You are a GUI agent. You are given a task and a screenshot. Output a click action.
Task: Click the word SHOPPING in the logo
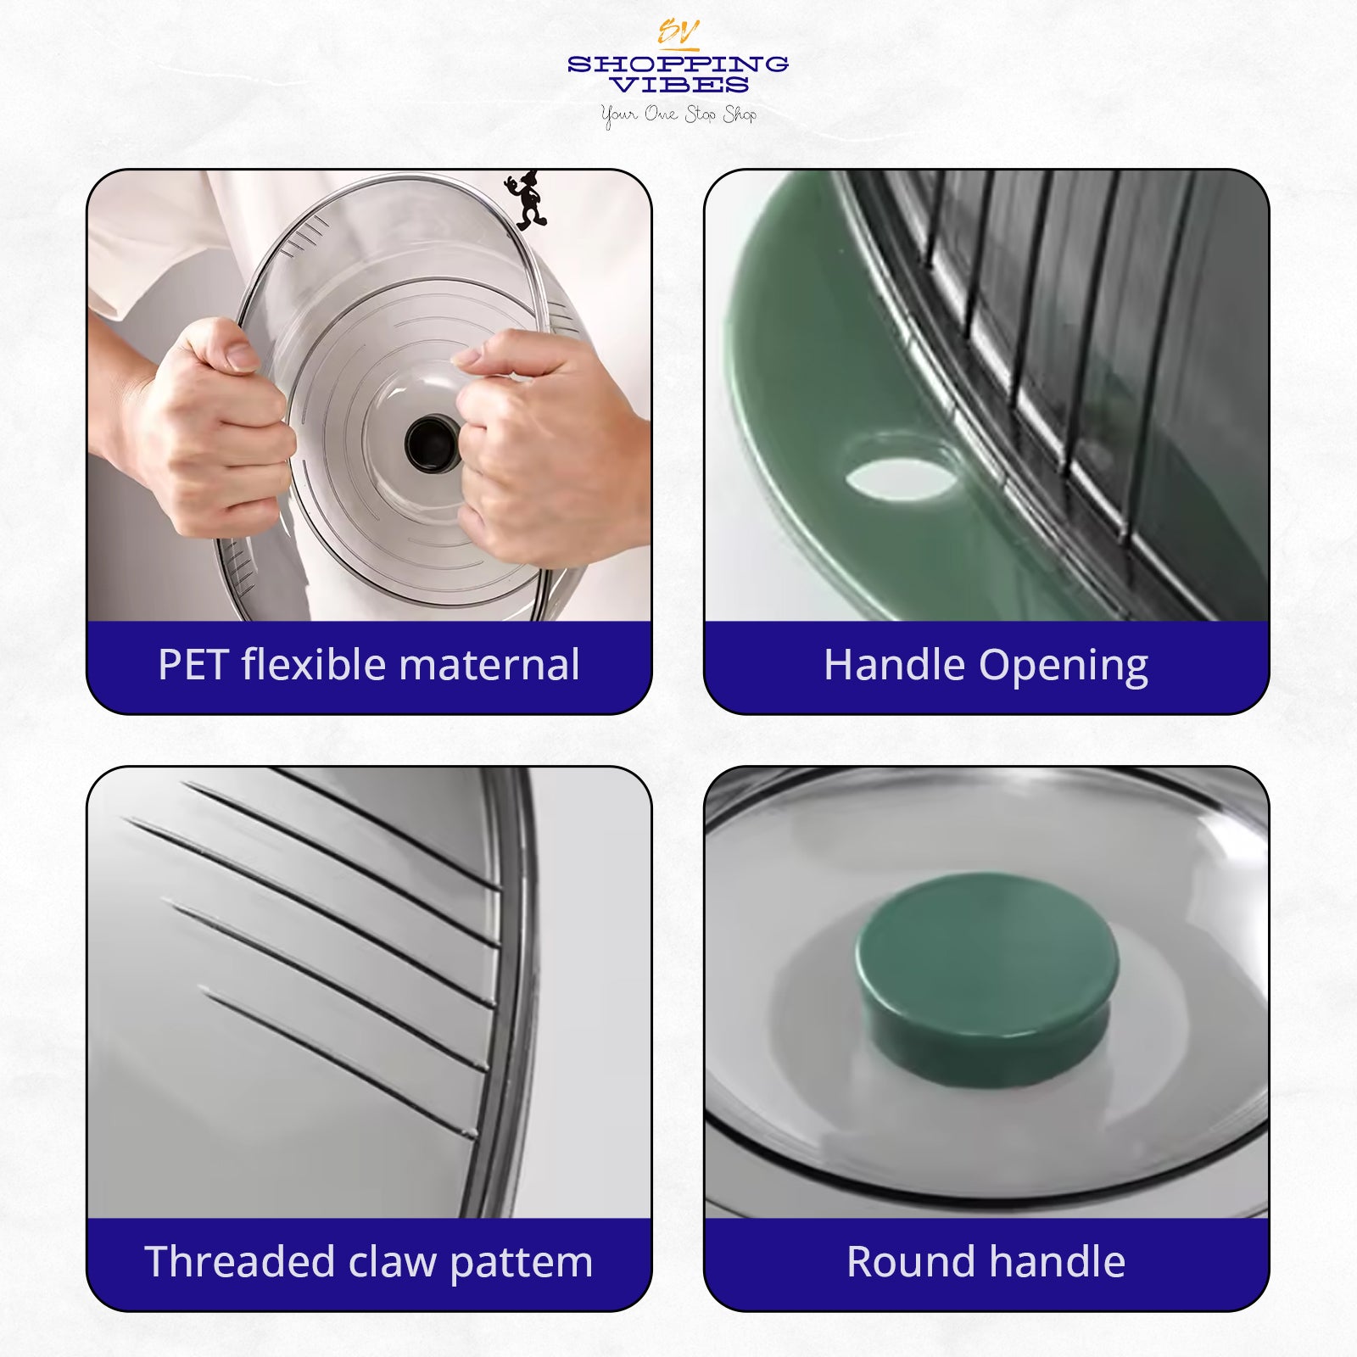pyautogui.click(x=678, y=64)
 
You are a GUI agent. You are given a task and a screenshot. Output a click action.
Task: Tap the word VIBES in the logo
pyautogui.click(x=679, y=85)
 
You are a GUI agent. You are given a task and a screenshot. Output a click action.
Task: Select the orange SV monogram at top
pyautogui.click(x=678, y=33)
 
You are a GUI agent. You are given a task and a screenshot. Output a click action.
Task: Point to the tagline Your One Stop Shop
pyautogui.click(x=678, y=114)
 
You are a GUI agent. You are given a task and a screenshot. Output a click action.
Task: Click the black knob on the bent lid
pyautogui.click(x=432, y=443)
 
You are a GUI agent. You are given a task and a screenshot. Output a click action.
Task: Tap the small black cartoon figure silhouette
pyautogui.click(x=526, y=200)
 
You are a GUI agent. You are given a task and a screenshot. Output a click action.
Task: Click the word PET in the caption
pyautogui.click(x=193, y=665)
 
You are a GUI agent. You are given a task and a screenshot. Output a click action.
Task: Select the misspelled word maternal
pyautogui.click(x=489, y=665)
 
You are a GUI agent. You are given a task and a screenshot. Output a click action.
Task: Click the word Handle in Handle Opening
pyautogui.click(x=895, y=665)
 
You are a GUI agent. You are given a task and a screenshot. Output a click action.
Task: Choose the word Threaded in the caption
pyautogui.click(x=240, y=1262)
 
